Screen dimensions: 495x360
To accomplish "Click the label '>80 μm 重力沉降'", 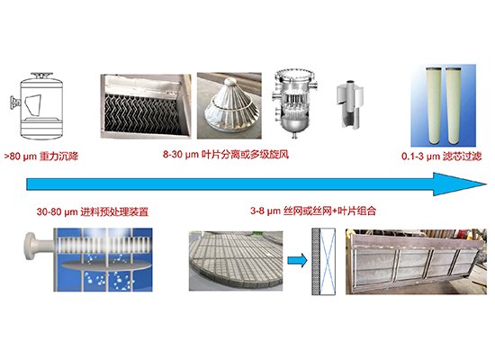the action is [x=41, y=157].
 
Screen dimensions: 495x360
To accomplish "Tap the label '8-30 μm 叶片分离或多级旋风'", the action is [x=226, y=155].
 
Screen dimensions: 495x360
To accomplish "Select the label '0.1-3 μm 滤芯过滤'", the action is [x=442, y=157].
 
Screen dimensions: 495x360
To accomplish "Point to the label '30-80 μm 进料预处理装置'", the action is [x=93, y=211].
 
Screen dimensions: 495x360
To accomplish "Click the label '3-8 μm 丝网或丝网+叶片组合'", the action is [x=313, y=211].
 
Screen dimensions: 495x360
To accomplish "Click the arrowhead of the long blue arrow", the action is [x=459, y=184].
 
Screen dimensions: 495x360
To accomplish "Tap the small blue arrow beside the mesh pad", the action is [x=297, y=261].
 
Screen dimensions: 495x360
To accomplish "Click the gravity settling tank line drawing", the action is [x=38, y=105].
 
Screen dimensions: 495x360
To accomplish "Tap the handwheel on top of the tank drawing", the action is [x=41, y=76].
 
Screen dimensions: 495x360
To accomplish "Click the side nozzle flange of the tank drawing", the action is [x=14, y=103].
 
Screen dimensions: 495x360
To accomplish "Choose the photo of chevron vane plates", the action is [x=146, y=106].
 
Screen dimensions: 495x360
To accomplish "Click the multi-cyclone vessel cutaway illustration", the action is [x=295, y=103].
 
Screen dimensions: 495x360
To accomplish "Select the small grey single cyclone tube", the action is [x=350, y=103].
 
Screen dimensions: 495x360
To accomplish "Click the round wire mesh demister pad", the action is [x=236, y=259].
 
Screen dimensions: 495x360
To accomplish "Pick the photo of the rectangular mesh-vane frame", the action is [x=416, y=262].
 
